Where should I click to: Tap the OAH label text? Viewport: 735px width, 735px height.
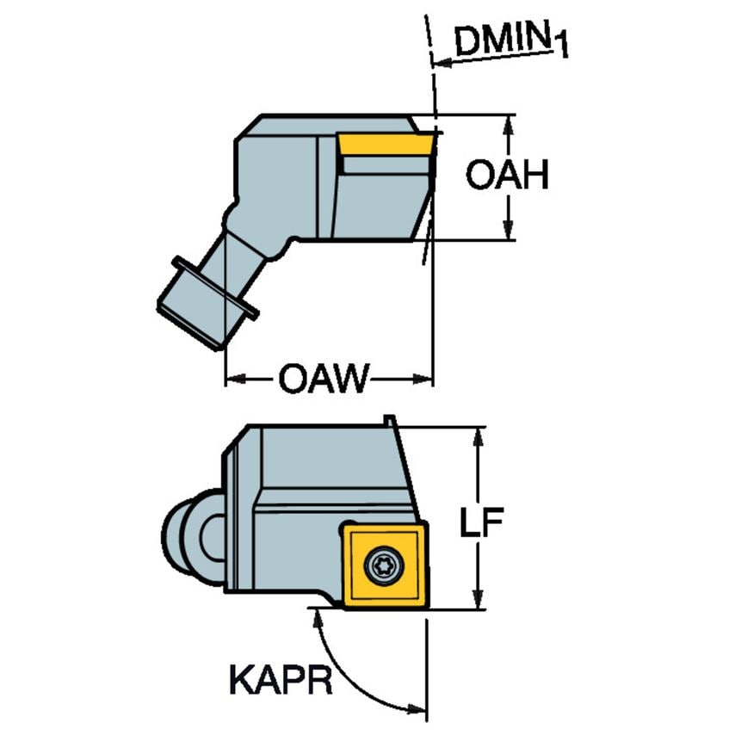point(507,176)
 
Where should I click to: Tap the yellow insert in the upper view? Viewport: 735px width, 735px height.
point(384,144)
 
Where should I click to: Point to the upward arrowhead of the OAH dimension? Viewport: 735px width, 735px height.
point(508,126)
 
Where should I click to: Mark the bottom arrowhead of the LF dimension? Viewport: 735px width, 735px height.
point(480,599)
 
